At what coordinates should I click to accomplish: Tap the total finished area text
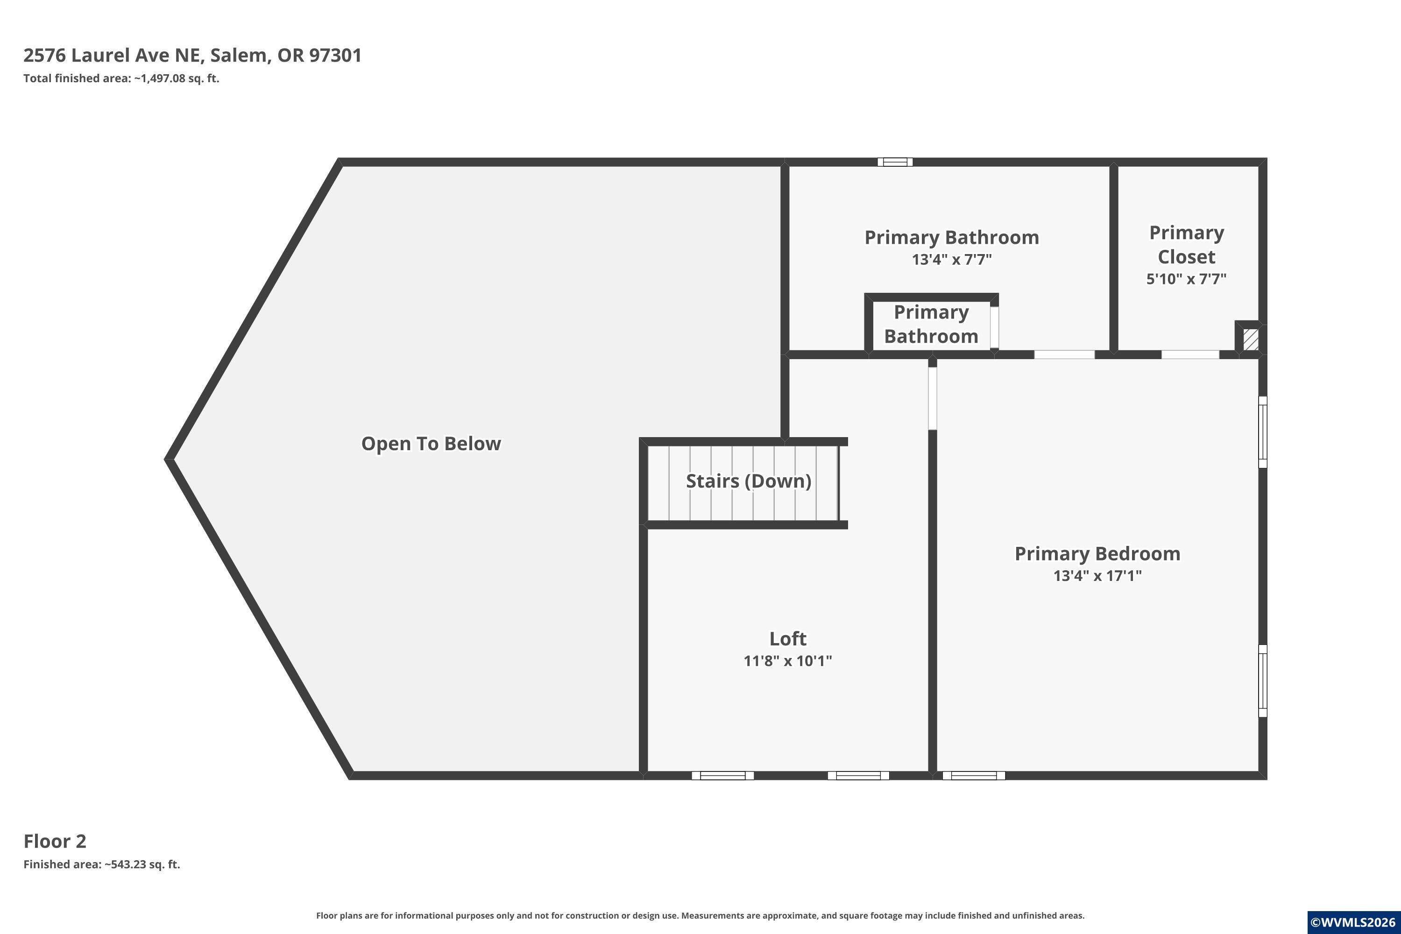click(x=121, y=78)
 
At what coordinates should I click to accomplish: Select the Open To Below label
click(x=431, y=444)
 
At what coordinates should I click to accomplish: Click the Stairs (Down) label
click(x=749, y=481)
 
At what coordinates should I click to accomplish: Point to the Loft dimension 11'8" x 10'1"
click(x=787, y=661)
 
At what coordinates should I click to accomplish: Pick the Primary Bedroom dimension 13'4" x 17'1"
click(x=1097, y=575)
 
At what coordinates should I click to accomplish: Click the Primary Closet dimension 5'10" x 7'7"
click(x=1186, y=279)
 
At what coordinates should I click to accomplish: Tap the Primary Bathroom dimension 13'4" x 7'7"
click(x=952, y=259)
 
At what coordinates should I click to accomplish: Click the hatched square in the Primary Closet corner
click(x=1251, y=340)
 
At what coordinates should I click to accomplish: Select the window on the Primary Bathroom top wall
click(x=895, y=162)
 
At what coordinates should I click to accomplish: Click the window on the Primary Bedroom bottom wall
click(x=974, y=776)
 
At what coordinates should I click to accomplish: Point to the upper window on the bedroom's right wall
click(x=1262, y=432)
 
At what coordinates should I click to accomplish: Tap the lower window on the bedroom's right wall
click(x=1262, y=681)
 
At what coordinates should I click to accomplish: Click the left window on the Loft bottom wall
click(x=722, y=776)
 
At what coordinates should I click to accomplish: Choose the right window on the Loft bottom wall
click(x=858, y=776)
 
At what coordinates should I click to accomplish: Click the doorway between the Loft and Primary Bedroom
click(x=933, y=398)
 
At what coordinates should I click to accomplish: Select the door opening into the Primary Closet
click(x=1190, y=354)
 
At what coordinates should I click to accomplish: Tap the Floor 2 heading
click(x=55, y=841)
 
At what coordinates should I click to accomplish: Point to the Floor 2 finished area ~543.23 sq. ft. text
click(x=102, y=864)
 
